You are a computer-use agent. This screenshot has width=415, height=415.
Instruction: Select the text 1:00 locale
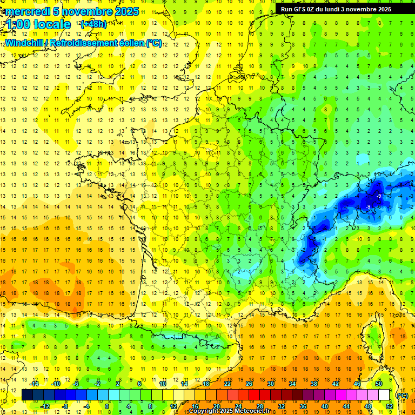tap(38, 25)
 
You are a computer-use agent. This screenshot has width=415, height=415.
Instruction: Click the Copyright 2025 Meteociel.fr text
tap(233, 411)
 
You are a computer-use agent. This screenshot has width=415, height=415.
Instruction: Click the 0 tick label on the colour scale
tap(107, 406)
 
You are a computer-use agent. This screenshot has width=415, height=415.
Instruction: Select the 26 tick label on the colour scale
tap(249, 384)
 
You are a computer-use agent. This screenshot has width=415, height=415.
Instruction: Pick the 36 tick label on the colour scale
tap(303, 406)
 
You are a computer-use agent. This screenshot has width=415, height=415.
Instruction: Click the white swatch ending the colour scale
tap(384, 395)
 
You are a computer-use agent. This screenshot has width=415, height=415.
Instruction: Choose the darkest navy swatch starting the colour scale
tap(27, 395)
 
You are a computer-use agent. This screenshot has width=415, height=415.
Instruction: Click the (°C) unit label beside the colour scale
tap(401, 396)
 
